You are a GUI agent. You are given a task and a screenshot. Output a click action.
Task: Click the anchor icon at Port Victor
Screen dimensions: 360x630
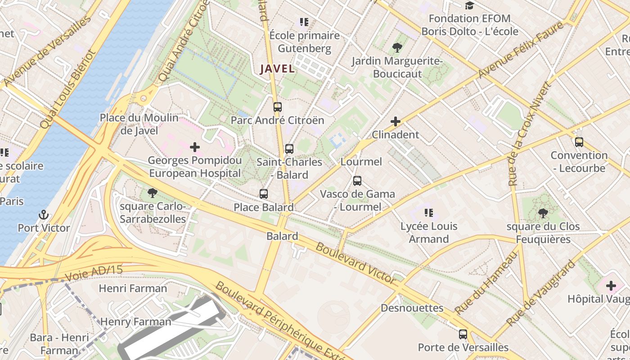coord(44,215)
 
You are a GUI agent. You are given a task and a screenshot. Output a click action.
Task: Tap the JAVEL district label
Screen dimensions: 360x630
coord(277,69)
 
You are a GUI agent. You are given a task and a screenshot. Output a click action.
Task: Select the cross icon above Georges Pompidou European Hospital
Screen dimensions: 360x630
coord(195,147)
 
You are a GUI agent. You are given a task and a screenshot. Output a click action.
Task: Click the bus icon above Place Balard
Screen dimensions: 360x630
coord(264,194)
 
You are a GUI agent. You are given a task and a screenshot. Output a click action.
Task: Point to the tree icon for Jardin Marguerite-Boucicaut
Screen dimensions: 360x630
coord(397,48)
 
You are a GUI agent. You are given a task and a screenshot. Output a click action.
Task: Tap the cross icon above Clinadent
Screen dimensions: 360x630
coord(396,121)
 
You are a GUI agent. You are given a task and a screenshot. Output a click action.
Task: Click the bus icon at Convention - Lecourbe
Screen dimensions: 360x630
coord(579,142)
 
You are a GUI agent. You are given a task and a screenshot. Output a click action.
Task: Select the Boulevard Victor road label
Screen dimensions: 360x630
coord(355,262)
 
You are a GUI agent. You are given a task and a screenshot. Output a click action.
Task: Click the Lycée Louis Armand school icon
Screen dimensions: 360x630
coord(428,213)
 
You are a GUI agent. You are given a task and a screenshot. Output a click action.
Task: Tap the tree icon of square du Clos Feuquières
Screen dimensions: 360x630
coord(543,213)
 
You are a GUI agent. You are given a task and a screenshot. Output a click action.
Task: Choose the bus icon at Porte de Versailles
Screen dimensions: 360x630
coord(463,334)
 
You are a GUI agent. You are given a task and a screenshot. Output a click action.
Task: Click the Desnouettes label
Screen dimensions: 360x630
coord(412,308)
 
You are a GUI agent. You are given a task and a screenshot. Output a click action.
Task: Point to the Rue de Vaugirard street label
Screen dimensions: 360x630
coord(541,293)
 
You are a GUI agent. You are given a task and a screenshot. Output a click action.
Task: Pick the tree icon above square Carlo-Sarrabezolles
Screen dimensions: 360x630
coord(153,193)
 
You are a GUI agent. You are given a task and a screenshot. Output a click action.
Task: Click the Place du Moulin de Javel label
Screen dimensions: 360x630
coord(139,124)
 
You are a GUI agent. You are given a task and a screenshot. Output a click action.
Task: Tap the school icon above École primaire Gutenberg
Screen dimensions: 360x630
coord(304,22)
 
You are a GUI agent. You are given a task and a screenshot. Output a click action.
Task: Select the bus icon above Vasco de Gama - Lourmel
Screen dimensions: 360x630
coord(357,181)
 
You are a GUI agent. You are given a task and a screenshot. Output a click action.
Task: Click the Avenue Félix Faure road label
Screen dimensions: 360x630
coord(521,50)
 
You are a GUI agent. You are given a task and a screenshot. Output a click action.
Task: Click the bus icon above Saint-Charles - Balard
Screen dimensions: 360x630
coord(289,148)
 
